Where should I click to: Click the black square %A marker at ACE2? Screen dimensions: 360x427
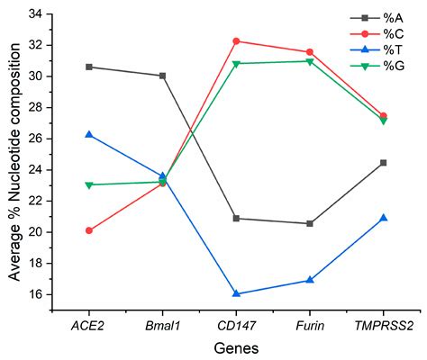[x=89, y=67]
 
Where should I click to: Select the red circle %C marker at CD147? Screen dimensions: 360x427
[x=236, y=40]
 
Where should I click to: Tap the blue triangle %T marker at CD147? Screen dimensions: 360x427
[x=236, y=293]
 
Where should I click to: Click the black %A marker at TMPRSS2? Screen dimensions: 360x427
[x=383, y=163]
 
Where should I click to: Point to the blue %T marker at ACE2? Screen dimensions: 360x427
[x=89, y=134]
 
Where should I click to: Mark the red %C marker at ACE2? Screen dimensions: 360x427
[x=89, y=230]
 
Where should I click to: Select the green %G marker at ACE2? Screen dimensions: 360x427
[x=89, y=185]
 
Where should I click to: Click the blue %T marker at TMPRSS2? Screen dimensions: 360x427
[x=383, y=218]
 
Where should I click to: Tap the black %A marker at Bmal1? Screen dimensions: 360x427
[x=163, y=76]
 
